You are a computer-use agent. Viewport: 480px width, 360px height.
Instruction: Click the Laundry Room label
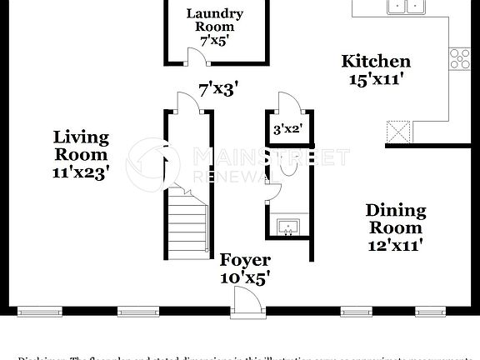[214, 20]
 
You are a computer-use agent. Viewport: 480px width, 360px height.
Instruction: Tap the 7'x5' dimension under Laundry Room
[214, 39]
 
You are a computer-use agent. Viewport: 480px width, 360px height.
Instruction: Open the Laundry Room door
[197, 57]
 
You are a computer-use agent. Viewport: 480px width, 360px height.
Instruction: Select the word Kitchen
[376, 62]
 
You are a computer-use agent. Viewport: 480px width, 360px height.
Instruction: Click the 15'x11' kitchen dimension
[376, 79]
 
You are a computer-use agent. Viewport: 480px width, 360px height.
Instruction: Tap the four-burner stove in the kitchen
[459, 58]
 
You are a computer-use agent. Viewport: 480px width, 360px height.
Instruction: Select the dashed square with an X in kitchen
[397, 132]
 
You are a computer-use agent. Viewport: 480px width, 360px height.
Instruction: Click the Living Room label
[81, 146]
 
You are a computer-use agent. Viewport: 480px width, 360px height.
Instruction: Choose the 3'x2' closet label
[287, 129]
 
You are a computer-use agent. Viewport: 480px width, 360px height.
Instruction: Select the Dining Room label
[396, 218]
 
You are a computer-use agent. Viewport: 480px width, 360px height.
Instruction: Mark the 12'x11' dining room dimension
[396, 245]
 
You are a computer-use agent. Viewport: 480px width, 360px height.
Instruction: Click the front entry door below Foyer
[247, 302]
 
